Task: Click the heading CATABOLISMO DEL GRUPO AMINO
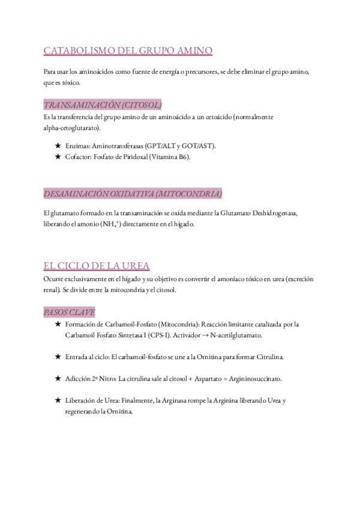(128, 51)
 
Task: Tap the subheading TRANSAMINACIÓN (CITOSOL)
(103, 104)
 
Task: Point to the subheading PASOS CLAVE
(69, 312)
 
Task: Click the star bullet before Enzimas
(58, 146)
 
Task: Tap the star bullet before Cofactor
(58, 157)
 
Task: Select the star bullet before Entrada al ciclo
(58, 357)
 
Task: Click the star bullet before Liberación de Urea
(58, 400)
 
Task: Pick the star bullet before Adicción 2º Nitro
(58, 379)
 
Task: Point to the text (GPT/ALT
(166, 146)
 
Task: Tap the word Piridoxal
(135, 157)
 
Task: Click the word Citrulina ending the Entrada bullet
(268, 357)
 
